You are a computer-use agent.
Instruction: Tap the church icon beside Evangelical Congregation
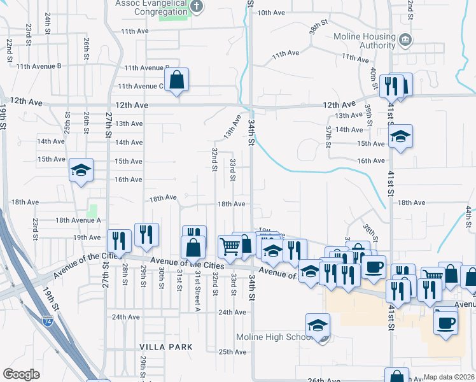point(197,7)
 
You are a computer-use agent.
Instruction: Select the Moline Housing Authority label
point(365,41)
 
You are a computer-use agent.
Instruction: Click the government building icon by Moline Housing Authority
point(405,41)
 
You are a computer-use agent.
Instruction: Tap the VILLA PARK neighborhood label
point(161,346)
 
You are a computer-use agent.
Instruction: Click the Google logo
point(21,374)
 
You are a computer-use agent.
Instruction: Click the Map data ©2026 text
point(449,377)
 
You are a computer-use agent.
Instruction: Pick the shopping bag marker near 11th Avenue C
point(177,80)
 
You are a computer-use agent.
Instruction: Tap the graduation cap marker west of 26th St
point(81,171)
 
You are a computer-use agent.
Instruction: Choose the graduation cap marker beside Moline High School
point(318,326)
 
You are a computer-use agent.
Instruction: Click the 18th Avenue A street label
point(78,220)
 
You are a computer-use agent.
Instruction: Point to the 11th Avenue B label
point(39,66)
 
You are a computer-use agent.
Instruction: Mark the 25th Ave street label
point(232,351)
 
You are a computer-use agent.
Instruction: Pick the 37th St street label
point(328,136)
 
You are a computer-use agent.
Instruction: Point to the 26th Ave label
point(325,380)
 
